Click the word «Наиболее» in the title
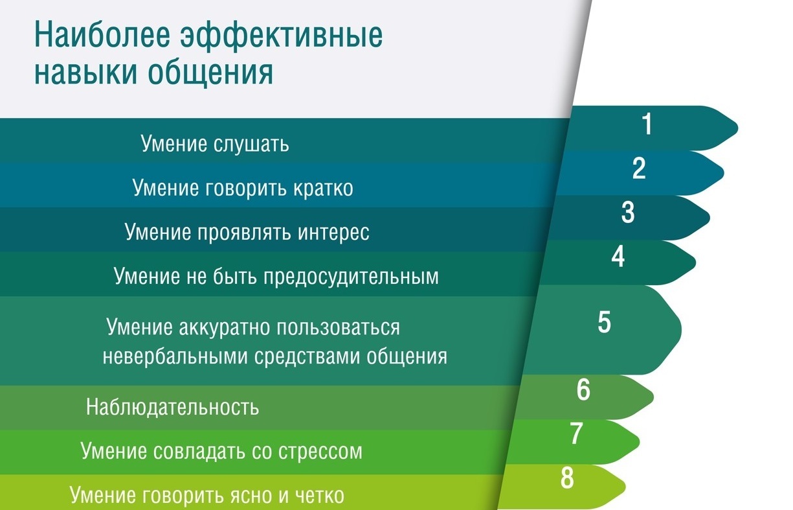[x=102, y=36]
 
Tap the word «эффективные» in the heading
[x=282, y=36]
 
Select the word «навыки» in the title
[x=85, y=73]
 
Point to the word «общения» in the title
[x=210, y=73]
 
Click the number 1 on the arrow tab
[x=647, y=124]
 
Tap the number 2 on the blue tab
[x=639, y=168]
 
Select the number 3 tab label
[x=628, y=213]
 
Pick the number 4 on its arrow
[x=618, y=257]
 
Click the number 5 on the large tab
[x=605, y=322]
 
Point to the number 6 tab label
[x=583, y=389]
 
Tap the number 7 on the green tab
[x=576, y=434]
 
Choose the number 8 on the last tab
[x=567, y=478]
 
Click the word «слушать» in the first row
[x=252, y=145]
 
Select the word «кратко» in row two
[x=323, y=188]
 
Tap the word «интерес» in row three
[x=333, y=233]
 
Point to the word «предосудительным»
[x=351, y=277]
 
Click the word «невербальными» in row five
[x=175, y=356]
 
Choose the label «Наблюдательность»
[x=173, y=406]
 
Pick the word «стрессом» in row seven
[x=320, y=452]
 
